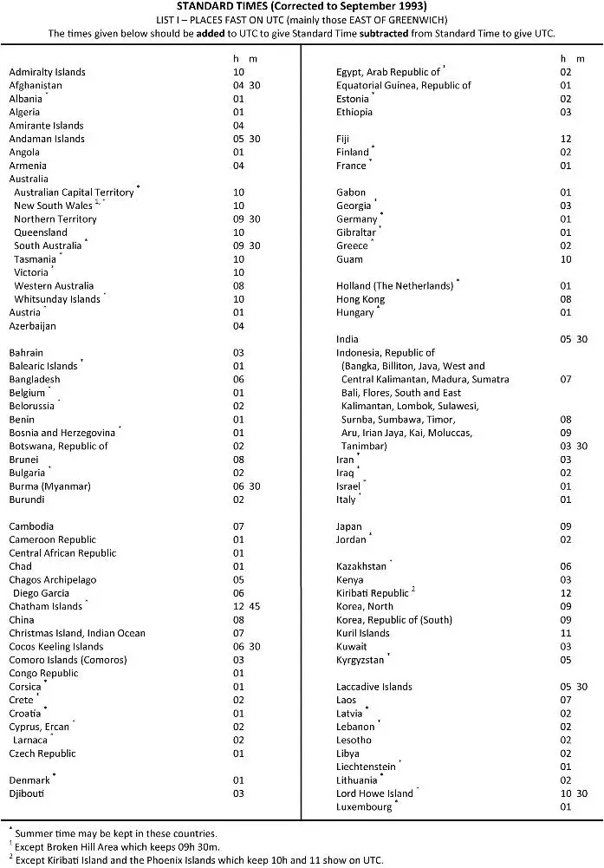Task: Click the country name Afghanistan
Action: point(36,86)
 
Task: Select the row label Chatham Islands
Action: point(46,607)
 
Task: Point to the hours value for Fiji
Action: point(566,139)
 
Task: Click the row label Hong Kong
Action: point(360,299)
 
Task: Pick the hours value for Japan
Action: point(566,526)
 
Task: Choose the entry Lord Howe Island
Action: point(375,793)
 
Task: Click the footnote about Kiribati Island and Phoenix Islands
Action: point(195,859)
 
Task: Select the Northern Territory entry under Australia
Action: point(55,219)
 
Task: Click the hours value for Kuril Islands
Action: point(566,633)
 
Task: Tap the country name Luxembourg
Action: point(365,806)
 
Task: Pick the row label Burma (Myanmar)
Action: point(49,486)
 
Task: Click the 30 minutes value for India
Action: point(582,339)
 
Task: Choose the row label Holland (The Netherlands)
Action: point(395,285)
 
